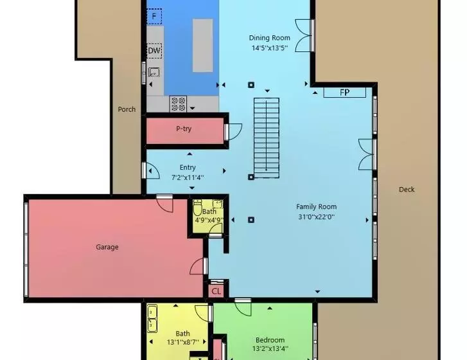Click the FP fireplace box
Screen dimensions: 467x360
pos(344,93)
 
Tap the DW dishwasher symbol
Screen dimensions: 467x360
pos(154,51)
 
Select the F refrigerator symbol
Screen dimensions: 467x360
pos(154,16)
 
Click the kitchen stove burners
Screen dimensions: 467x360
pos(178,104)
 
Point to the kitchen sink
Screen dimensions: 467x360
pos(154,72)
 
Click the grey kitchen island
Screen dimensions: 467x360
pos(202,45)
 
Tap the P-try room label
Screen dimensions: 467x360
pos(184,129)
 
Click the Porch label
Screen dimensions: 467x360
pos(127,109)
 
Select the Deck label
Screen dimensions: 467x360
pos(407,190)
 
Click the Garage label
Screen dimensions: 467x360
pos(107,247)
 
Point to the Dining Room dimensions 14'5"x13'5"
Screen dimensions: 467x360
pos(270,48)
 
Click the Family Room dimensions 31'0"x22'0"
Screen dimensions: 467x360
pos(316,217)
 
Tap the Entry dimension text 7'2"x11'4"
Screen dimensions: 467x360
pos(188,177)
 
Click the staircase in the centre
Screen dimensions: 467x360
pos(267,138)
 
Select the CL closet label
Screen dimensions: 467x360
pos(216,291)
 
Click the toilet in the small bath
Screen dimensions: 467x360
pos(197,207)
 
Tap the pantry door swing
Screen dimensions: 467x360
pos(233,131)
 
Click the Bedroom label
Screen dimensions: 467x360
pos(270,340)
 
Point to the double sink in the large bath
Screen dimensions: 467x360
pos(152,319)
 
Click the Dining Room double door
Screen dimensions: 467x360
pos(304,35)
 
